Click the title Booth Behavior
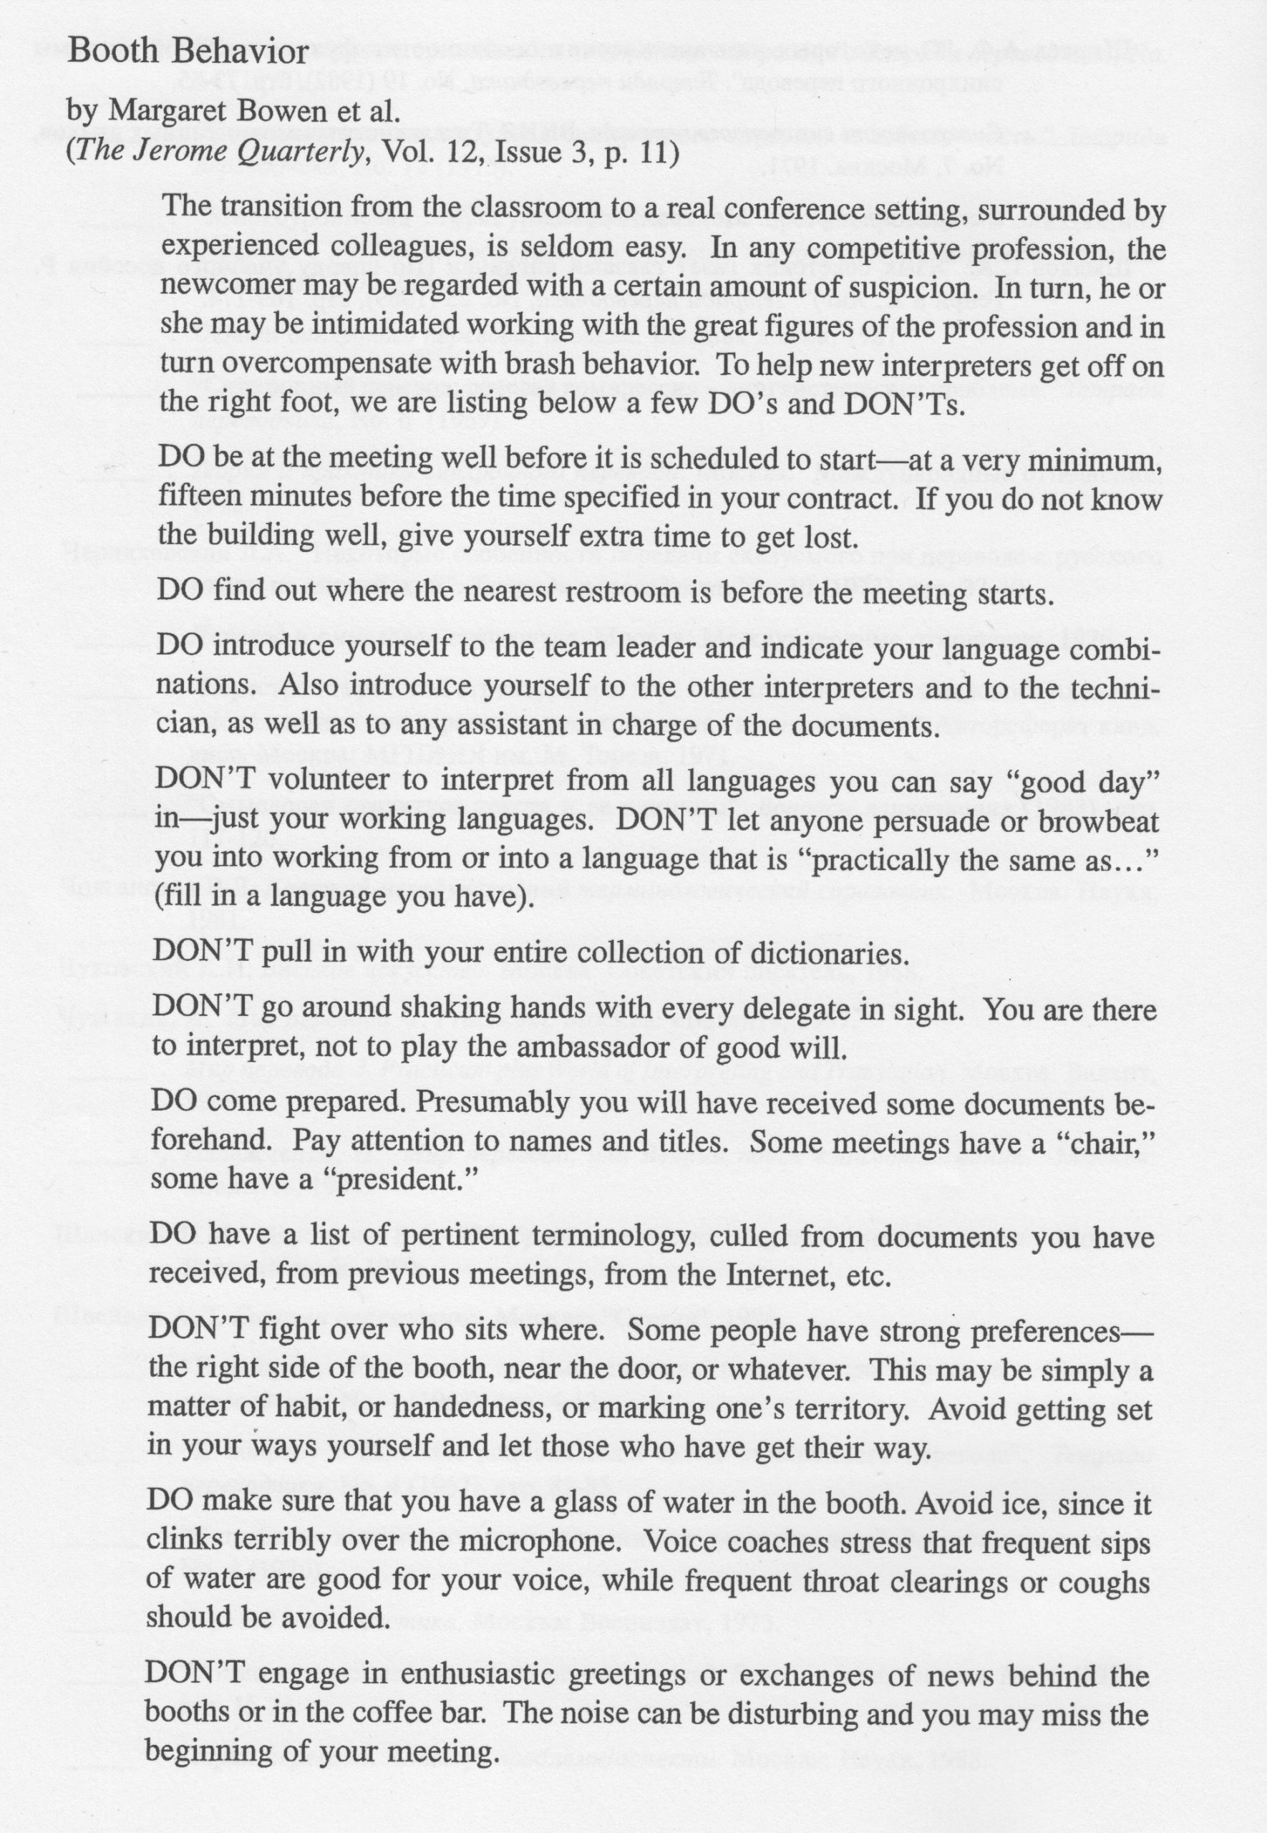[188, 52]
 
